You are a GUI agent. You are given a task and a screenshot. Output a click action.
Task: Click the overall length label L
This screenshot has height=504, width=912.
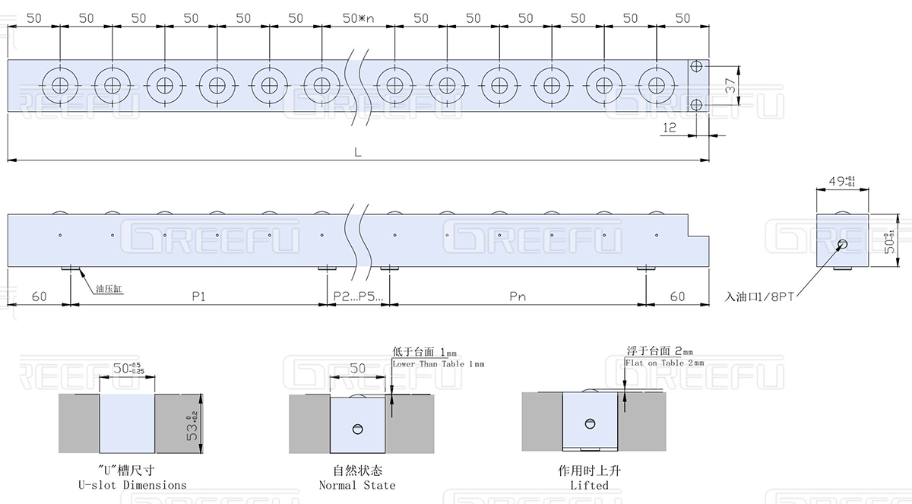[x=357, y=151]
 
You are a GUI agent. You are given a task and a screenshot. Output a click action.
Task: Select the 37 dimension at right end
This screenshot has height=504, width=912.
[x=730, y=87]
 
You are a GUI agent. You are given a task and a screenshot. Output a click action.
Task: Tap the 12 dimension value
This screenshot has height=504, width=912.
[x=670, y=128]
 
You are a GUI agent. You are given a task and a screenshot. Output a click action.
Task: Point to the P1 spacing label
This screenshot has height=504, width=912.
[x=198, y=296]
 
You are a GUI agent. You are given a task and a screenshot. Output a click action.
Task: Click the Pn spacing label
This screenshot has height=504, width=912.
[x=518, y=296]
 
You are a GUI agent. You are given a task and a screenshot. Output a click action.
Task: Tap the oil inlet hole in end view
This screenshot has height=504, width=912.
[x=842, y=245]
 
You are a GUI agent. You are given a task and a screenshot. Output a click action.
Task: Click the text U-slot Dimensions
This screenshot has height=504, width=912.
[x=132, y=484]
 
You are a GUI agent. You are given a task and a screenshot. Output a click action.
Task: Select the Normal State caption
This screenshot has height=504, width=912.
[x=357, y=484]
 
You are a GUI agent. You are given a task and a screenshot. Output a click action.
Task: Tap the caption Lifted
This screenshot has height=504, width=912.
[x=589, y=484]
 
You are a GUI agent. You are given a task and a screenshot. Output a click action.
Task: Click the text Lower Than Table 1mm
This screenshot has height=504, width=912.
[x=438, y=364]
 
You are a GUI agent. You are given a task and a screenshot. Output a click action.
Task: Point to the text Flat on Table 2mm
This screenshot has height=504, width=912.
[x=664, y=363]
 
